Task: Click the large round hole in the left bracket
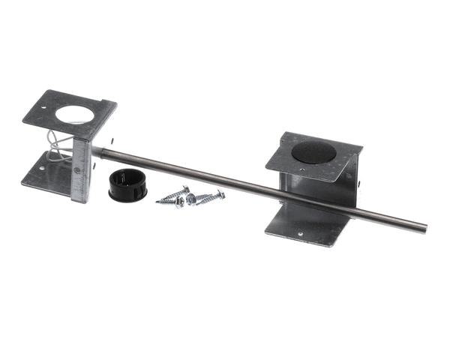73,115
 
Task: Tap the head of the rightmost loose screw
220,193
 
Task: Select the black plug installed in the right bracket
315,151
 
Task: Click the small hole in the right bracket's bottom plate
301,232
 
